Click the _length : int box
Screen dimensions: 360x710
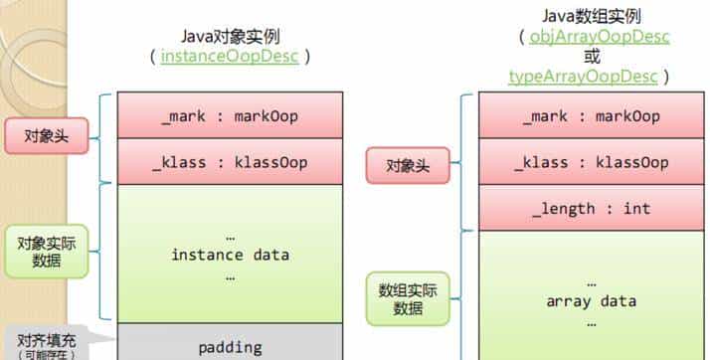click(x=591, y=209)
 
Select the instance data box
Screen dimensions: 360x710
click(x=230, y=255)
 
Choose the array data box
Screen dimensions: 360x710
click(x=591, y=300)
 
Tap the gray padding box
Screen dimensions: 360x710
click(x=230, y=347)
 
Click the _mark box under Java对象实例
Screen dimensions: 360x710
click(x=230, y=116)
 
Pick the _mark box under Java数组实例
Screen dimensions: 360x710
click(x=591, y=116)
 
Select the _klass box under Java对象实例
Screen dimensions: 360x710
click(x=230, y=162)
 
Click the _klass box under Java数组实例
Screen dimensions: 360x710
click(x=591, y=162)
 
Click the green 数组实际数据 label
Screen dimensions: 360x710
click(x=408, y=298)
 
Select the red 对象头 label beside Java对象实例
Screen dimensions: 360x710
click(x=45, y=136)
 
